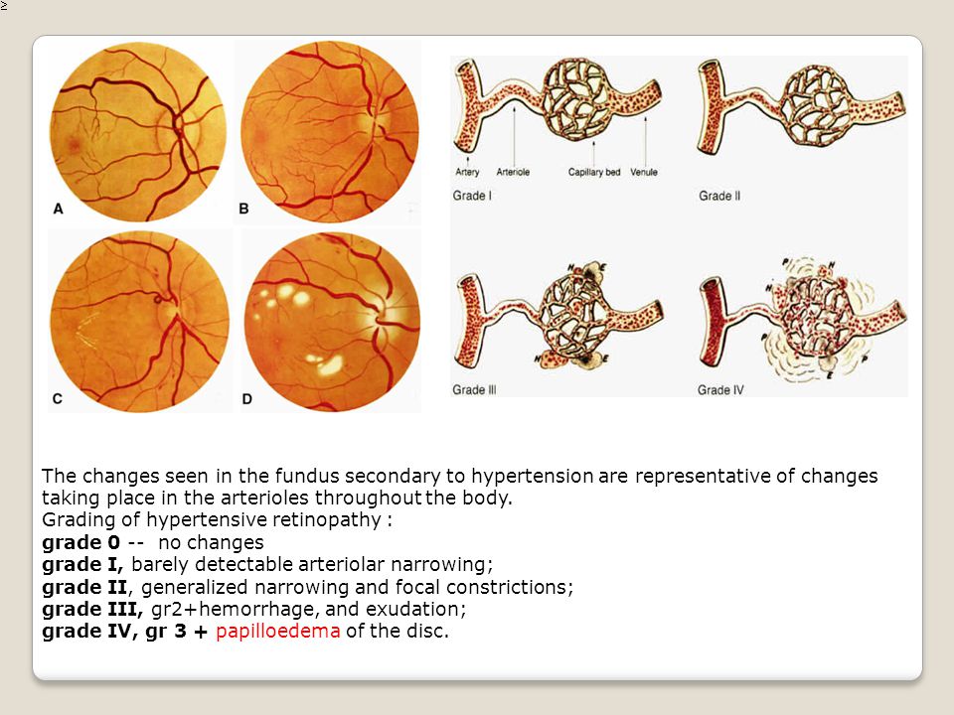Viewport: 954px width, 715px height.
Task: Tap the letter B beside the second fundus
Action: (245, 211)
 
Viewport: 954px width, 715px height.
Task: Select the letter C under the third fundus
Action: (57, 398)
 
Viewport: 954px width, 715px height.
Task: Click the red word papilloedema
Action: (277, 631)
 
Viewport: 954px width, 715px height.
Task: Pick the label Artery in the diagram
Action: (466, 172)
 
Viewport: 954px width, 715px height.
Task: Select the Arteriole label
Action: (511, 172)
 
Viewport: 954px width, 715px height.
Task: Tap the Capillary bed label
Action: (593, 172)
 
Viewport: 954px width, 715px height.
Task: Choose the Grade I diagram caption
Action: (473, 196)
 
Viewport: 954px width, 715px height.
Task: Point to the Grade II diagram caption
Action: (719, 196)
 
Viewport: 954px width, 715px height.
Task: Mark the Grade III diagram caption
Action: (475, 390)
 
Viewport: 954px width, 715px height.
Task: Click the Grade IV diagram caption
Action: (721, 390)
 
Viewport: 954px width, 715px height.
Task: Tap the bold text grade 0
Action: (81, 543)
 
